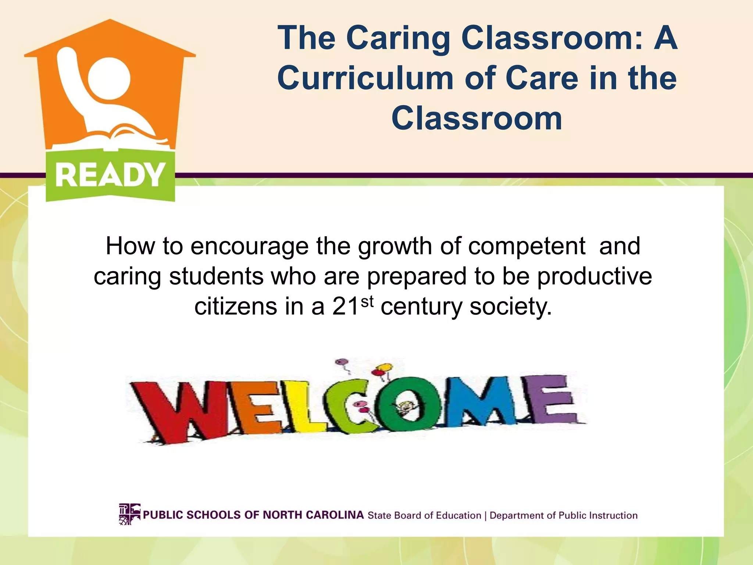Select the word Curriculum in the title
[x=365, y=78]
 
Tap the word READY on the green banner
[x=110, y=175]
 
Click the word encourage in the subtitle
[x=249, y=246]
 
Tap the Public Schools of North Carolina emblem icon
[x=129, y=514]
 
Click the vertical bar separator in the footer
[x=485, y=516]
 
